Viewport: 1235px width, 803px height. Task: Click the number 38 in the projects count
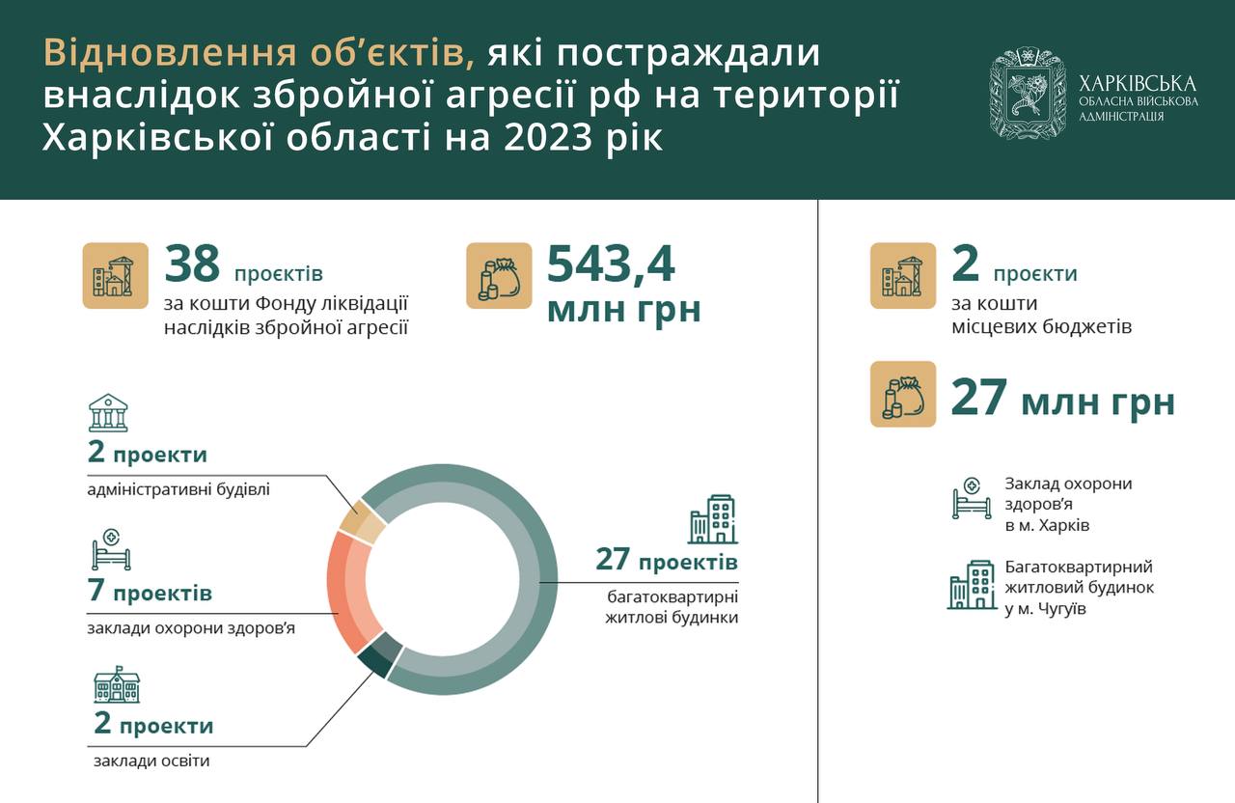click(192, 263)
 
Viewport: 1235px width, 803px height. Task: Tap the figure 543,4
click(611, 264)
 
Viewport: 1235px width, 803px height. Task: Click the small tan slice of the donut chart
click(362, 520)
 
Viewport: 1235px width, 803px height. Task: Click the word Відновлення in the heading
click(170, 53)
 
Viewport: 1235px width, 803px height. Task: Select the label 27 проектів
click(667, 559)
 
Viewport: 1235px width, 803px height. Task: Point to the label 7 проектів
click(150, 591)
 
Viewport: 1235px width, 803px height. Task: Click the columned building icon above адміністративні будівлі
click(108, 412)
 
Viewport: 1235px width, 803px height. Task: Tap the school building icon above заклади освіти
click(117, 684)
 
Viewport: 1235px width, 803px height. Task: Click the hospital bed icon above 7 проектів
click(111, 550)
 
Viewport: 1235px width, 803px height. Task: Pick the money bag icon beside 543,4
click(499, 276)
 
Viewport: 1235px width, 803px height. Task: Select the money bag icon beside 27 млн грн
click(903, 394)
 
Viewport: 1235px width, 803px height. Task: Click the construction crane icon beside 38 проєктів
click(115, 276)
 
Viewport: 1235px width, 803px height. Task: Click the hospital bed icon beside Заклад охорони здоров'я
click(972, 499)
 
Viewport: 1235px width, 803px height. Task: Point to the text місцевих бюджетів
click(1041, 327)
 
